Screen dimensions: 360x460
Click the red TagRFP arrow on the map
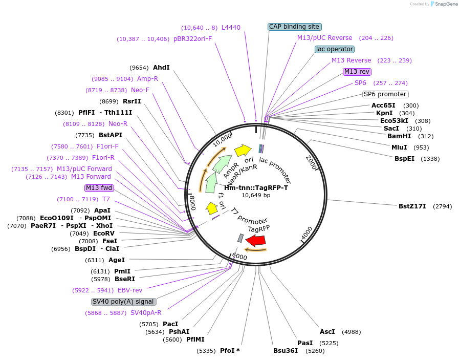(x=255, y=241)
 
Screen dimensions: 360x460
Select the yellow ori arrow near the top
(x=243, y=150)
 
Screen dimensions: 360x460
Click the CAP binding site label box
(x=294, y=27)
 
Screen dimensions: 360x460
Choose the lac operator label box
(x=335, y=49)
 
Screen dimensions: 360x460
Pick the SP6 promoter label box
(x=385, y=94)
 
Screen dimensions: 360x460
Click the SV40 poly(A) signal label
(x=123, y=302)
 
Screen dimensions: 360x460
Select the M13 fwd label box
(x=99, y=188)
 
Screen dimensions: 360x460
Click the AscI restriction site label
(x=327, y=332)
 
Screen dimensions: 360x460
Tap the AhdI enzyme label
(x=161, y=68)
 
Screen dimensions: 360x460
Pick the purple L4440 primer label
(x=231, y=28)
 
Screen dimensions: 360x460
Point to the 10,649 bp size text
(x=256, y=195)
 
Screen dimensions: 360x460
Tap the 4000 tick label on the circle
(x=306, y=234)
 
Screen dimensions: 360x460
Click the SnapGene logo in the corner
(x=442, y=4)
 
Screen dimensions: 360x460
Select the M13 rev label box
(x=357, y=72)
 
